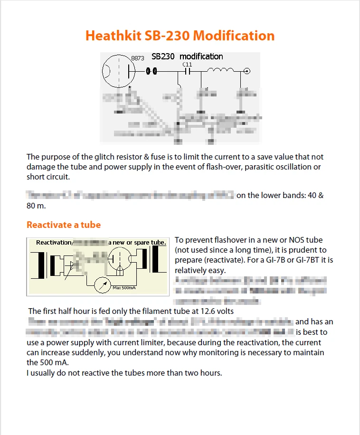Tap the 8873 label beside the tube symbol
point(137,58)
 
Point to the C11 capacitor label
point(187,64)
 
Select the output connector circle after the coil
point(247,72)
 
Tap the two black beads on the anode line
point(151,72)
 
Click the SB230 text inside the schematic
point(163,57)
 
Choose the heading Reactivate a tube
point(63,225)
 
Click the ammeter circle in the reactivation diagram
point(100,285)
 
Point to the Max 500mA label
point(124,287)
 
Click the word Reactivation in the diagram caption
point(54,242)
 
